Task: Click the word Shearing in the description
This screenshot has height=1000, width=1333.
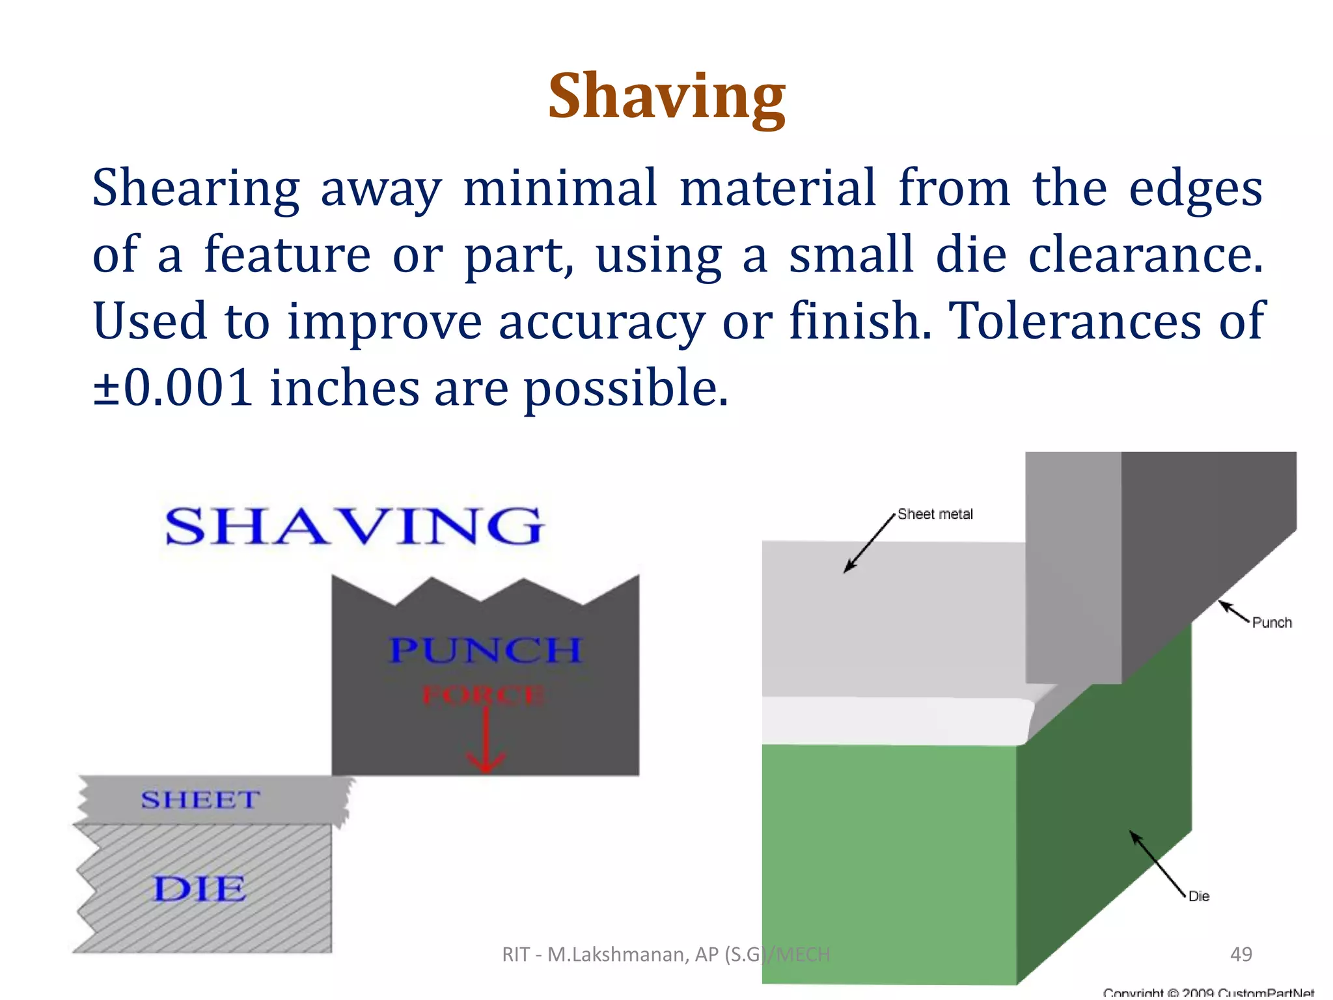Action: click(x=196, y=188)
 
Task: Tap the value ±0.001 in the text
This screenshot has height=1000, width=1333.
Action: click(x=172, y=387)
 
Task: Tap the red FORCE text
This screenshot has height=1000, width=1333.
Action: click(x=484, y=695)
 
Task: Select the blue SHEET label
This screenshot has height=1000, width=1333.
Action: click(x=200, y=799)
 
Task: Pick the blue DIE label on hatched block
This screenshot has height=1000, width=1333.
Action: click(x=199, y=889)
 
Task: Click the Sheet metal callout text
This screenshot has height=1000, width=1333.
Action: click(x=935, y=514)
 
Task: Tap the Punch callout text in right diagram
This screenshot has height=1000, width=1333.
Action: click(x=1271, y=622)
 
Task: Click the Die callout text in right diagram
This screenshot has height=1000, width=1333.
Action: click(x=1198, y=896)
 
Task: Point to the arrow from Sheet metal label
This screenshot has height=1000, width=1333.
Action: click(x=870, y=543)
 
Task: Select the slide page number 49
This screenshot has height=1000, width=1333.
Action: click(x=1241, y=954)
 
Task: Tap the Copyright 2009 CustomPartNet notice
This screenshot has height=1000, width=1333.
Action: click(x=1208, y=993)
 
